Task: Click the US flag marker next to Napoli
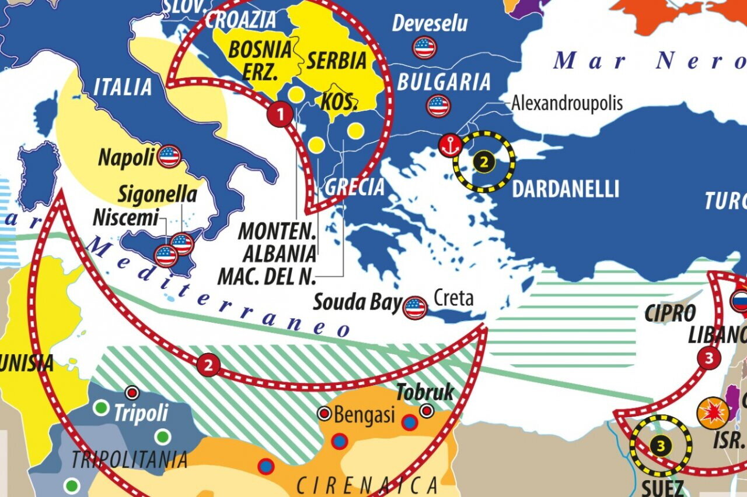[169, 157]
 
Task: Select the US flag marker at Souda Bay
[415, 307]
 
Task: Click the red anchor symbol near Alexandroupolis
[450, 146]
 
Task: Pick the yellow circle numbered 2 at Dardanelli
[484, 161]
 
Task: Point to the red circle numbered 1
[280, 115]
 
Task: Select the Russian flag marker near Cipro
[739, 301]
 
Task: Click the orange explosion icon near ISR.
[713, 412]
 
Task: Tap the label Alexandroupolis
[567, 104]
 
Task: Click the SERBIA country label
[337, 61]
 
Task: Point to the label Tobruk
[425, 393]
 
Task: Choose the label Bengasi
[364, 415]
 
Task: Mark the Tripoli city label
[141, 413]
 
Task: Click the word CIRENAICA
[367, 485]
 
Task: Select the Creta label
[453, 298]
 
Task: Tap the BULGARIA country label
[444, 82]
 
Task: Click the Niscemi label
[125, 218]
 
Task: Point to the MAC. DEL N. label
[266, 277]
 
